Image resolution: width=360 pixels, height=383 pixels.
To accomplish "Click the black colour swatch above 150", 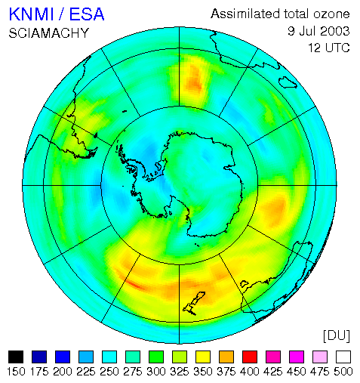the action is coord(16,357).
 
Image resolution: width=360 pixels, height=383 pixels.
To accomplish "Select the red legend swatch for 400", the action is coord(250,357).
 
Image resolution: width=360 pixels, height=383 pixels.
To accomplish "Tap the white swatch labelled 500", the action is coord(343,357).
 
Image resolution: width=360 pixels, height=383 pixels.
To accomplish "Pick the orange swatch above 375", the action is coord(226,357).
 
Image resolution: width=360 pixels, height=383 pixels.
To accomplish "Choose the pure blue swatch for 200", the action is coord(63,357).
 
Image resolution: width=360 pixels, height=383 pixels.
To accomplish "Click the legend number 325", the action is coord(180,372).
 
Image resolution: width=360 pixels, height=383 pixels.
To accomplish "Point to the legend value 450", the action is coord(297,372).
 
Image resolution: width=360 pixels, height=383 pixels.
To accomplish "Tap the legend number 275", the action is coord(133,372).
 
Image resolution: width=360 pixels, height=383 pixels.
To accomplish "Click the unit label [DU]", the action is coord(337,336).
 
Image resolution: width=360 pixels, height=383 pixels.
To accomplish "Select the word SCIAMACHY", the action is coord(49,33).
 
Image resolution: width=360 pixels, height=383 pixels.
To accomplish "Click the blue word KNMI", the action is coord(32,14).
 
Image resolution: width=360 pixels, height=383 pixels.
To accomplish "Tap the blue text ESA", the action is coord(87,14).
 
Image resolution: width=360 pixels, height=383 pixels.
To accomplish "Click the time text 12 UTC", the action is coord(329,48).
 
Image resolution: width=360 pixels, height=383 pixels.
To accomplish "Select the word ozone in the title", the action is coord(331,14).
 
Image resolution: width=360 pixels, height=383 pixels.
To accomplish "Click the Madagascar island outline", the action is coord(288,82).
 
